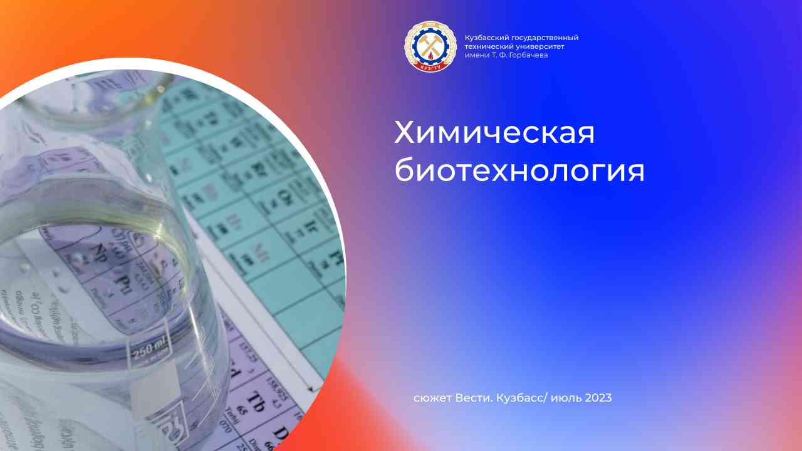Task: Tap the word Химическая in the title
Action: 494,133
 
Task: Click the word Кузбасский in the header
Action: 484,38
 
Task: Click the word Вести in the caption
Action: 471,398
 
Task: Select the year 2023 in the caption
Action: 598,398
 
